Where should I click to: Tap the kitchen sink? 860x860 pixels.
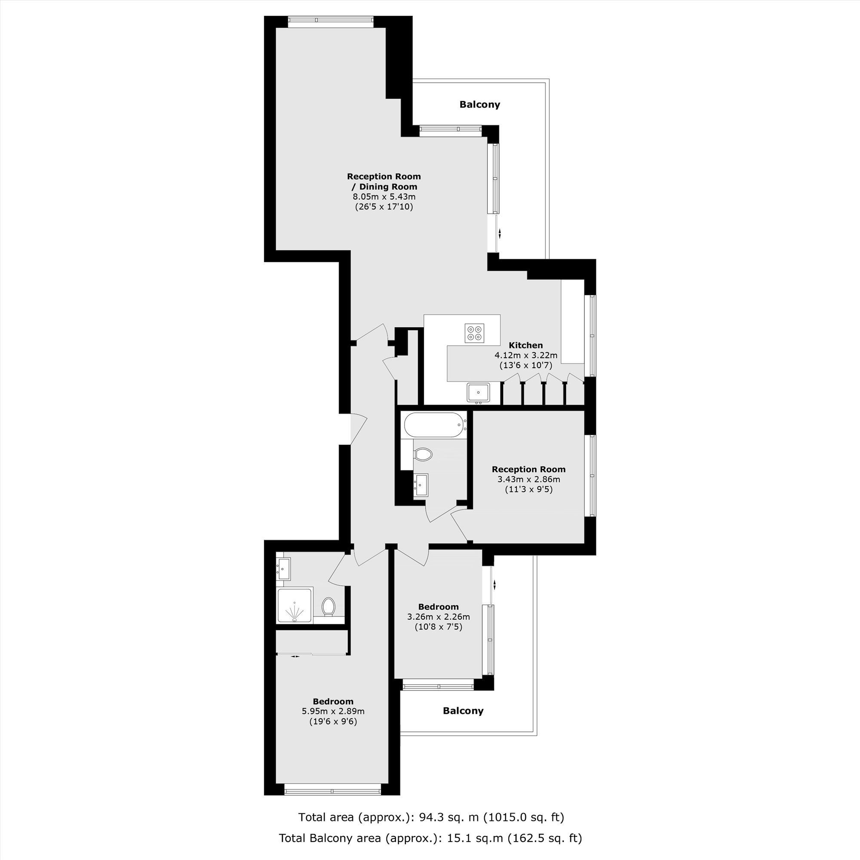(x=479, y=392)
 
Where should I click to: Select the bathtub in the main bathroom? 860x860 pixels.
(x=435, y=425)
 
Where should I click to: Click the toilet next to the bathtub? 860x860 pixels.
(x=423, y=455)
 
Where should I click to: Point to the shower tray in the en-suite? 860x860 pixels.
(x=295, y=605)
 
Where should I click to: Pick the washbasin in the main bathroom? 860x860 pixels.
(x=421, y=485)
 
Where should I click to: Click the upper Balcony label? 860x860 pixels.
(x=480, y=104)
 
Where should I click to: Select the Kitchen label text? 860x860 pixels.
(x=526, y=345)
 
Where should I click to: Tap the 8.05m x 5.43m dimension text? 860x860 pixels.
(x=384, y=197)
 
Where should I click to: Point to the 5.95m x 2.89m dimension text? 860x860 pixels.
(x=333, y=711)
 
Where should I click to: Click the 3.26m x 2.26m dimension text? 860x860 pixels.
(x=439, y=617)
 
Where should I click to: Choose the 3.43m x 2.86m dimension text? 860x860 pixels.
(x=529, y=479)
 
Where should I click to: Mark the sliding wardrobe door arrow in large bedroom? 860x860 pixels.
(x=295, y=656)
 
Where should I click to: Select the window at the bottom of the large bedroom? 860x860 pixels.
(x=332, y=791)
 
